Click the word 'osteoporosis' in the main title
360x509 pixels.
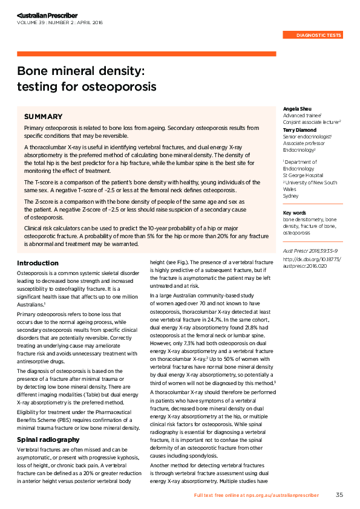[x=122, y=86]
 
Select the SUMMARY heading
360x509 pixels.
[x=43, y=116]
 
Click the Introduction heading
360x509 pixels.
[x=38, y=263]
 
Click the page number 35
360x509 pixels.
[x=339, y=494]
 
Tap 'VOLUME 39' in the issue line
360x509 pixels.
[x=33, y=22]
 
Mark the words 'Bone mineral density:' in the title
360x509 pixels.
[x=80, y=71]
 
